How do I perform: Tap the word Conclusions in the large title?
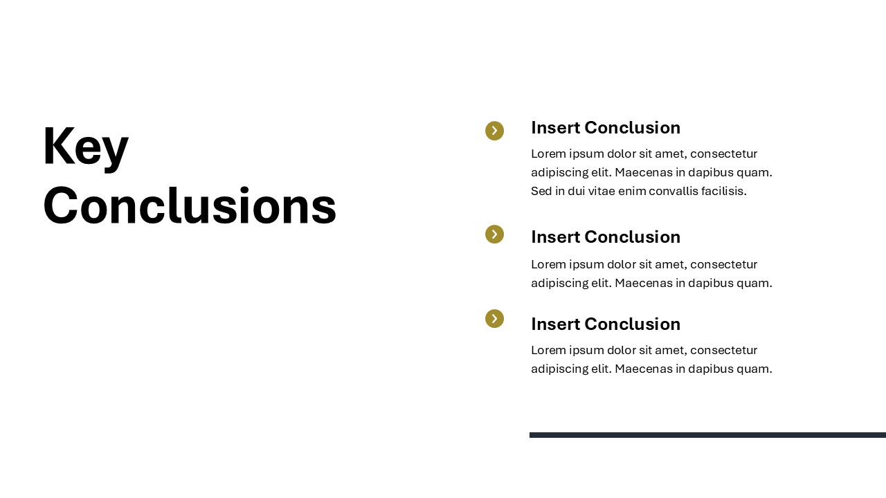pyautogui.click(x=190, y=205)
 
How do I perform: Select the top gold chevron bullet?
pyautogui.click(x=494, y=131)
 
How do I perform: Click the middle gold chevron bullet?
pyautogui.click(x=494, y=234)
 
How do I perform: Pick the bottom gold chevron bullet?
pyautogui.click(x=494, y=319)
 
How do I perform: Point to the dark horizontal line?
pyautogui.click(x=707, y=435)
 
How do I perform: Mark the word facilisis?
pyautogui.click(x=724, y=192)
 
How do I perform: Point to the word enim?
pyautogui.click(x=632, y=192)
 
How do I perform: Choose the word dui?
pyautogui.click(x=576, y=192)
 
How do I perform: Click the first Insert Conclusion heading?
pyautogui.click(x=606, y=128)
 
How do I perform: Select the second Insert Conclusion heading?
pyautogui.click(x=606, y=237)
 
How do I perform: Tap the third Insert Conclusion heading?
pyautogui.click(x=606, y=324)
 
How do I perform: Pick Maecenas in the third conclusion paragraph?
pyautogui.click(x=644, y=369)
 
